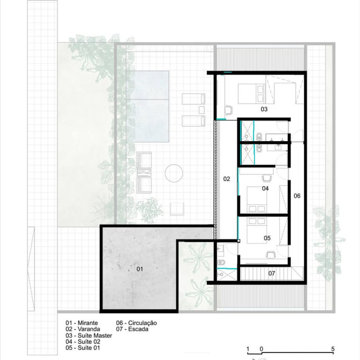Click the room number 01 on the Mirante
[x=140, y=269]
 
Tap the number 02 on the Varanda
[x=226, y=179]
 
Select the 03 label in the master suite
[x=264, y=109]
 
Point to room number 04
[x=265, y=188]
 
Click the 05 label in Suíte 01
[x=267, y=238]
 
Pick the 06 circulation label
[x=297, y=196]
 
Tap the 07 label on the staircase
[x=271, y=273]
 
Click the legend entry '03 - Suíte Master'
[x=89, y=336]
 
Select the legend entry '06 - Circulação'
[x=136, y=323]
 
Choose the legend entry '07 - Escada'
[x=132, y=329]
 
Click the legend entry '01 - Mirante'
[x=82, y=323]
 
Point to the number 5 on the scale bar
[x=333, y=349]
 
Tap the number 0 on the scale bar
[x=261, y=349]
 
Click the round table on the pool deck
[x=174, y=173]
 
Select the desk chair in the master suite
[x=229, y=110]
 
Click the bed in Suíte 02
[x=257, y=200]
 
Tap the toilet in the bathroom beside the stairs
[x=222, y=262]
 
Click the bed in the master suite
[x=251, y=94]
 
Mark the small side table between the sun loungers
[x=202, y=110]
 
